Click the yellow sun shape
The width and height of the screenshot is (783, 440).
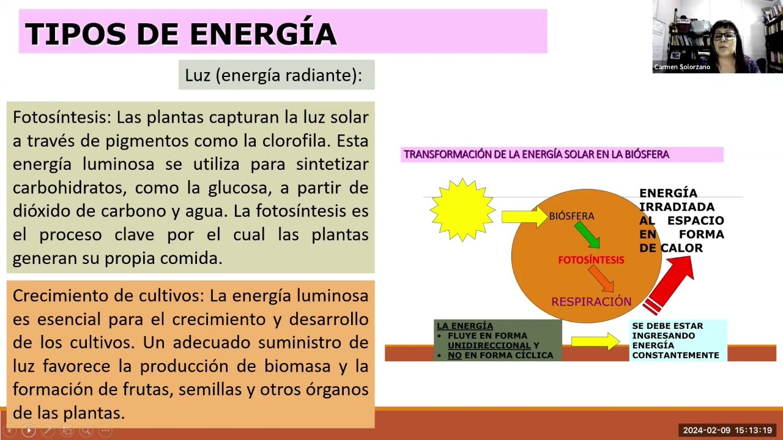click(462, 210)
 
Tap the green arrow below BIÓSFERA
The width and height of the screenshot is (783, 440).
click(588, 235)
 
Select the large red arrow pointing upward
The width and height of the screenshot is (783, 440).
click(669, 285)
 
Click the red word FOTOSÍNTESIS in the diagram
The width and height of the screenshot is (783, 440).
click(591, 260)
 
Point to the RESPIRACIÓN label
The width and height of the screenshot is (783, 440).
click(592, 301)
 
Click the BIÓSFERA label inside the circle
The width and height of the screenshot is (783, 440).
click(571, 216)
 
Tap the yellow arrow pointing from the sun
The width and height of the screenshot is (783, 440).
click(525, 216)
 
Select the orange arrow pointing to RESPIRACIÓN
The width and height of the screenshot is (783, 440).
click(601, 278)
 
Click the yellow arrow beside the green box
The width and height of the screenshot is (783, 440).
click(596, 341)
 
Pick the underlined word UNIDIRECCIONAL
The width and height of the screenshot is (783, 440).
click(489, 345)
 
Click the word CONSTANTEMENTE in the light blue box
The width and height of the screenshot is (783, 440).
click(675, 355)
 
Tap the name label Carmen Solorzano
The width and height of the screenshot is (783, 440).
click(682, 67)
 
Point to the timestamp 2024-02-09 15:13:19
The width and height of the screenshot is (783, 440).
click(727, 430)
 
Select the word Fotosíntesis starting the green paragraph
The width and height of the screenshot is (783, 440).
click(62, 117)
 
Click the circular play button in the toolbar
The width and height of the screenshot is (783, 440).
click(29, 431)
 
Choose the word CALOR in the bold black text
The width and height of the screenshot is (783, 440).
click(681, 248)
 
